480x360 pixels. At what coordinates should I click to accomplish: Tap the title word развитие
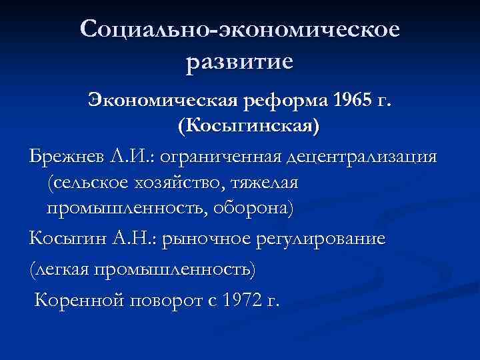pyautogui.click(x=240, y=62)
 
